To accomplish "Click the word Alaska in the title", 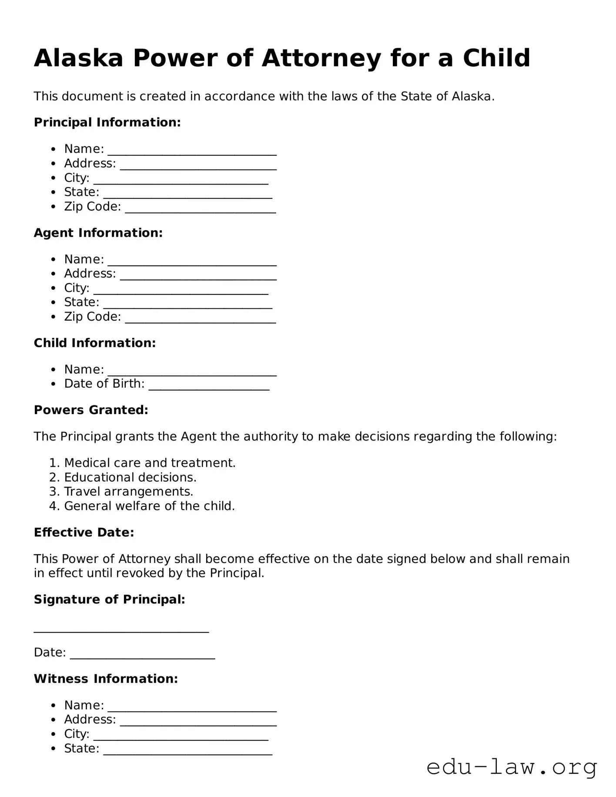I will tap(79, 58).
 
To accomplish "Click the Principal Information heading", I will tap(107, 122).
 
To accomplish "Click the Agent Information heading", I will tap(98, 233).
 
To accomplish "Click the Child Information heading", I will tap(94, 343).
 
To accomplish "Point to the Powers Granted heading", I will tap(91, 410).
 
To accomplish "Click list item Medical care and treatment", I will tap(150, 463).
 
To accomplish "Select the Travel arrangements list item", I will tap(128, 492).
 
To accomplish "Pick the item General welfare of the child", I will tap(149, 506).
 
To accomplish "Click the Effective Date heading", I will tap(84, 532).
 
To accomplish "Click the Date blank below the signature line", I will tap(142, 656).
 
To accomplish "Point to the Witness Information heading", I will tap(106, 679).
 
